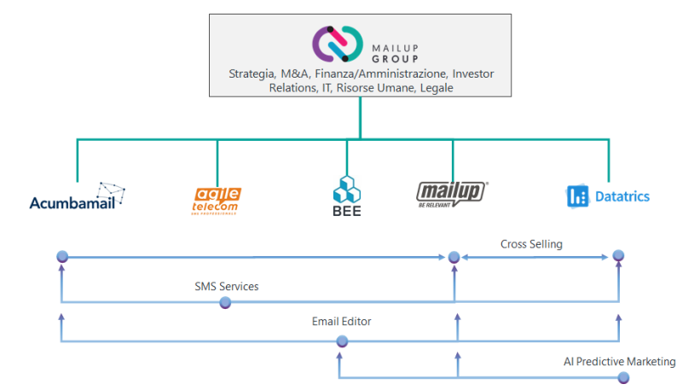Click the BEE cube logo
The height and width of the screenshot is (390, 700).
(x=347, y=196)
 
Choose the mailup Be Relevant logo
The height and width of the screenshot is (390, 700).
(x=451, y=195)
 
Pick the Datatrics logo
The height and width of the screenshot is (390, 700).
(x=608, y=196)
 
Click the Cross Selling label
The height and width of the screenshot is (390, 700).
(x=531, y=244)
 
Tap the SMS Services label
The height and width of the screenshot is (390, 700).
(x=226, y=286)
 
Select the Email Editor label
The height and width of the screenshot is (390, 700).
(x=341, y=322)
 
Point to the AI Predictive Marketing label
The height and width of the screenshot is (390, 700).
(x=619, y=362)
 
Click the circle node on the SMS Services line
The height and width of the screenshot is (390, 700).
(x=225, y=302)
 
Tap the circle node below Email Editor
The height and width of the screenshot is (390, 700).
(x=342, y=341)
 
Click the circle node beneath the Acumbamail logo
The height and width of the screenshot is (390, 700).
(x=61, y=256)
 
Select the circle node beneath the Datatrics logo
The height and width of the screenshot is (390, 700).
(x=618, y=255)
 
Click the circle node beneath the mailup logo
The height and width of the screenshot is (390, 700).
(x=454, y=256)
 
